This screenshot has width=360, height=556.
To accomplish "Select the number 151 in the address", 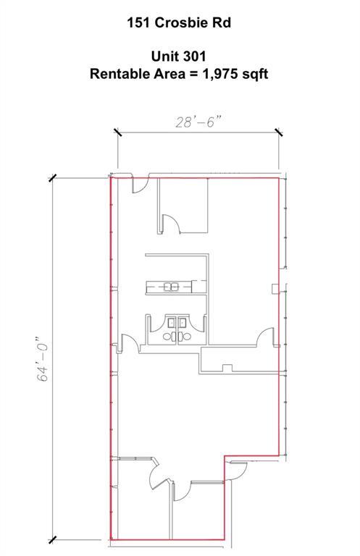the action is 139,22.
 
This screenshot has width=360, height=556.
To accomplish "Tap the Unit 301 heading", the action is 178,56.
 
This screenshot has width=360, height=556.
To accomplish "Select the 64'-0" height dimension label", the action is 43,358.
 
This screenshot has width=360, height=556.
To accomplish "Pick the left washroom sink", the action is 172,323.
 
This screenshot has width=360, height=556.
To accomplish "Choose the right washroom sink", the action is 183,323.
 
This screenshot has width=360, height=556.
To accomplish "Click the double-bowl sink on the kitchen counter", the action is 171,287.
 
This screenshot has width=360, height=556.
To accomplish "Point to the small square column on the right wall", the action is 275,289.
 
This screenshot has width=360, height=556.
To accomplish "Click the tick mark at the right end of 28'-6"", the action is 278,132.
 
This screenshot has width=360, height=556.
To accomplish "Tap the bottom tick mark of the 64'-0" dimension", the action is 52,540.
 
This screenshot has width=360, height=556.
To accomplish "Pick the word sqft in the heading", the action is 255,74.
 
